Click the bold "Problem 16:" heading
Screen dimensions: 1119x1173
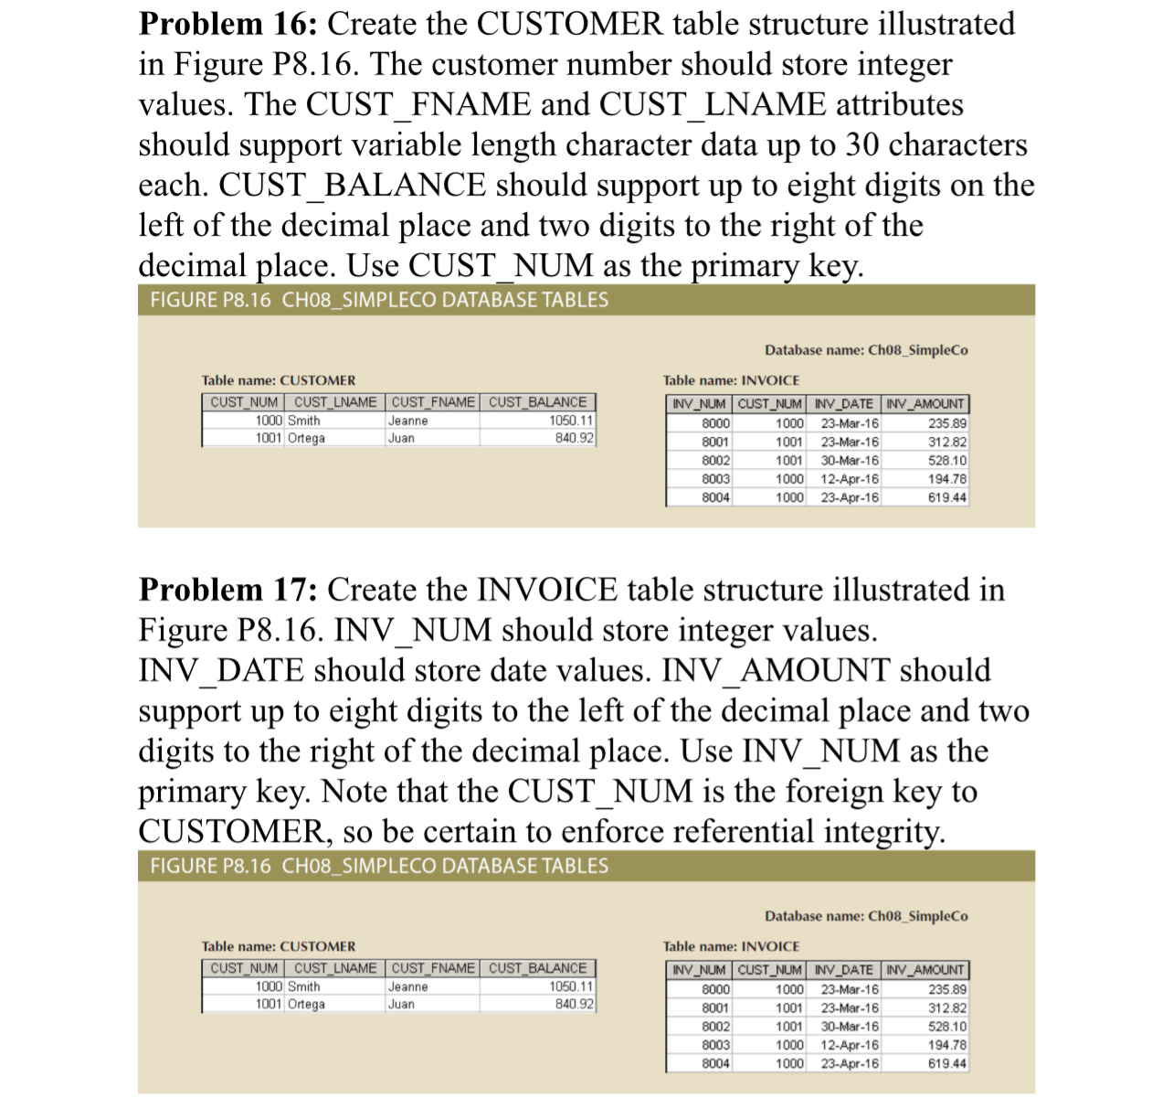click(x=228, y=24)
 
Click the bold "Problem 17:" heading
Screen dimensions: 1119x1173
click(x=228, y=590)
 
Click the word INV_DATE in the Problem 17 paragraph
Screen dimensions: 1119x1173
click(x=220, y=670)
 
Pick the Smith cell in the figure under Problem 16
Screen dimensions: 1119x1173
click(x=304, y=421)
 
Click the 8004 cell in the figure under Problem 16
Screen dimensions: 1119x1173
click(x=715, y=497)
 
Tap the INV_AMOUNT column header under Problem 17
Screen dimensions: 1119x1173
click(x=925, y=969)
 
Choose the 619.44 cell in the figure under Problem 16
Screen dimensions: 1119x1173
click(x=946, y=497)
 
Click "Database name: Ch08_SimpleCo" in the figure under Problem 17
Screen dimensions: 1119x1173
click(x=866, y=916)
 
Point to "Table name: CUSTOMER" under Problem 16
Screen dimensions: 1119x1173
click(x=279, y=380)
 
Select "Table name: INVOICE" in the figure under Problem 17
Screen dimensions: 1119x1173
click(x=731, y=946)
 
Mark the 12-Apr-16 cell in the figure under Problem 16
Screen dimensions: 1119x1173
click(x=849, y=479)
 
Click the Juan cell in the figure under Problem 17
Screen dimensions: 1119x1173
click(x=401, y=1004)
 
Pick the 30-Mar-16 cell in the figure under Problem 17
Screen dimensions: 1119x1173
click(x=849, y=1027)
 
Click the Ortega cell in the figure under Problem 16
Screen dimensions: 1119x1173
click(x=306, y=438)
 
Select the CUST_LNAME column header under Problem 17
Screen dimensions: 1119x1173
click(x=334, y=968)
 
